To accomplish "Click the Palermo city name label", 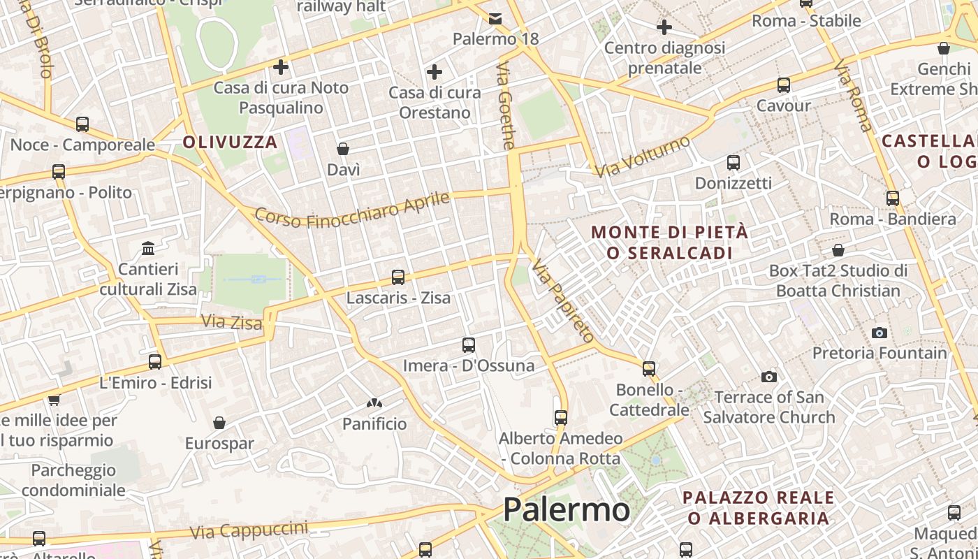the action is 566,509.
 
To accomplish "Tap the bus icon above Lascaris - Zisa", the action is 398,277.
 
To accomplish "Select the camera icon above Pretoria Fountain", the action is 880,333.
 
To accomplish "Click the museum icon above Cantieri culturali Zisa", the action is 148,249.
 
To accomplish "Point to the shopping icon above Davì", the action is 343,149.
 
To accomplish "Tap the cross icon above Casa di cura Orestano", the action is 435,72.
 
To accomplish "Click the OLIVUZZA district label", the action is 231,143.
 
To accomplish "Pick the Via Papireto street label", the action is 562,300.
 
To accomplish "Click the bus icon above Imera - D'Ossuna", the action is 469,345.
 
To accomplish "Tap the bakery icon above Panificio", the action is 374,403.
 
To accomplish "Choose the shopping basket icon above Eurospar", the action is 219,423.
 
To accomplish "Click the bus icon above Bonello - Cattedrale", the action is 649,368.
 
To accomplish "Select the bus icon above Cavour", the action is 784,85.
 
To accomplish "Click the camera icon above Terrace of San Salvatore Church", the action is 769,377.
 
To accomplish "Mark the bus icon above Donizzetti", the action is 733,163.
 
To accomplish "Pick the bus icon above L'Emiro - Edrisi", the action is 155,362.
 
